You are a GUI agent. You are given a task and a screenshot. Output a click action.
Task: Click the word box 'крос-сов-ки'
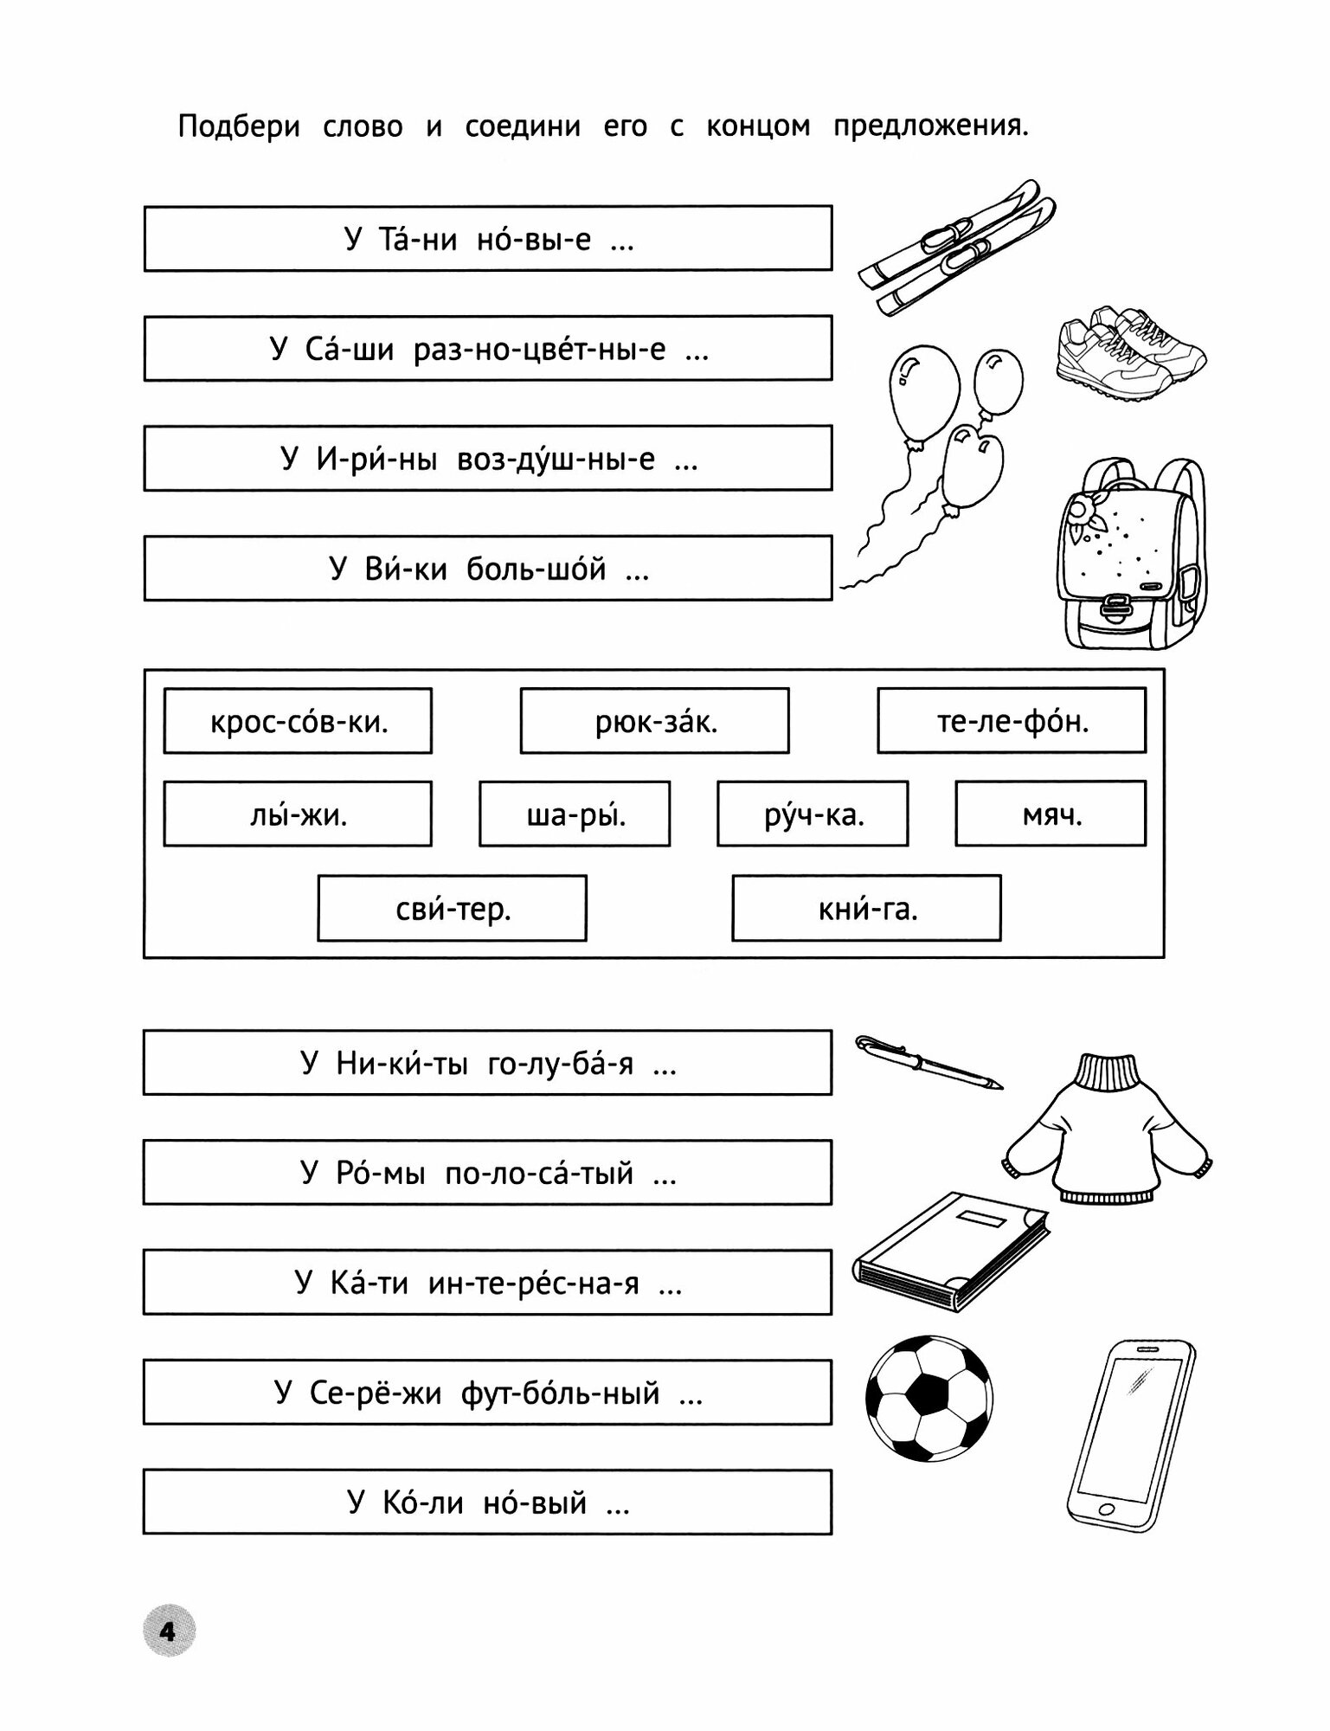coord(297,721)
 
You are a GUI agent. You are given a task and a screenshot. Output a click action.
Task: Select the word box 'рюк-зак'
coord(654,721)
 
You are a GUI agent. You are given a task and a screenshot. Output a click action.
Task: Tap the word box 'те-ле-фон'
coord(1011,721)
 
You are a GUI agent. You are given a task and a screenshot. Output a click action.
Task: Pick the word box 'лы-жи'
coord(297,814)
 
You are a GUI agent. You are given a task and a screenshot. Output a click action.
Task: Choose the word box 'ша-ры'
coord(575,814)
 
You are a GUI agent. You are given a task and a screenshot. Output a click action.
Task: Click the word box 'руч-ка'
coord(813,814)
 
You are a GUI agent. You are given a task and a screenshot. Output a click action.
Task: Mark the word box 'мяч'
coord(1051,814)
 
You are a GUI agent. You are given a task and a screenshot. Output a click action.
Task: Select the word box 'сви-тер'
coord(452,909)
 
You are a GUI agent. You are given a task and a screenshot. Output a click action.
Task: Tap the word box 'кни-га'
coord(866,909)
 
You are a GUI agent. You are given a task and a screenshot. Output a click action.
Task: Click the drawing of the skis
coord(956,246)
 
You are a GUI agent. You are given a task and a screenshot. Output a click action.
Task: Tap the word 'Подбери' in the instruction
coord(239,127)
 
